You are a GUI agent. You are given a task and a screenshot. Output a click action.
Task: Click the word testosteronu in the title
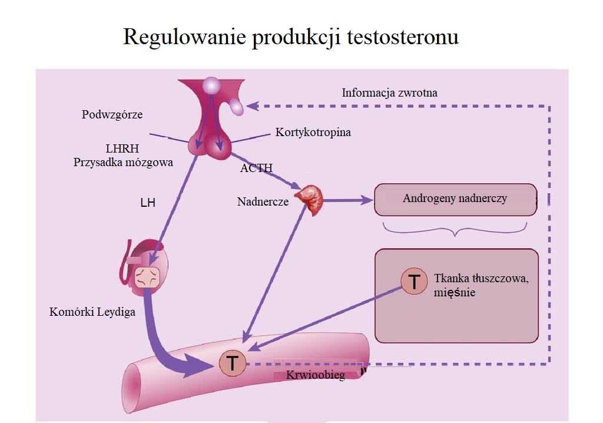[x=403, y=37]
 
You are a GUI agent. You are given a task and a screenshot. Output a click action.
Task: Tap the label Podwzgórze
[x=112, y=115]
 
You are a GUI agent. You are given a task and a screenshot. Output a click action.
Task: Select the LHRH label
[x=122, y=148]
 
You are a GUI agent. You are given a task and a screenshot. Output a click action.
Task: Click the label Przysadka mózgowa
[x=123, y=163]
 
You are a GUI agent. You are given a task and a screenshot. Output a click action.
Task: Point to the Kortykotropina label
[x=313, y=133]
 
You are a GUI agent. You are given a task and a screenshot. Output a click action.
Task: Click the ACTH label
[x=256, y=168]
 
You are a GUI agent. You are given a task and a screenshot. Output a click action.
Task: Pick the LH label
[x=148, y=203]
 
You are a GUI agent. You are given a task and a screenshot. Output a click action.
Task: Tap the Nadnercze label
[x=263, y=201]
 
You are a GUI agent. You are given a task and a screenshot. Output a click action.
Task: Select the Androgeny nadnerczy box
[x=456, y=200]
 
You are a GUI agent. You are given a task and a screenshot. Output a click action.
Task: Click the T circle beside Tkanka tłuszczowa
[x=414, y=282]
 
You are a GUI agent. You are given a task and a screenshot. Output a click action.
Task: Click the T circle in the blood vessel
[x=233, y=363]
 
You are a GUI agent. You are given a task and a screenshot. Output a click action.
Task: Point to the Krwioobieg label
[x=316, y=375]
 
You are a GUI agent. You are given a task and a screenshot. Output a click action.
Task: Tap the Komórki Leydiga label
[x=92, y=312]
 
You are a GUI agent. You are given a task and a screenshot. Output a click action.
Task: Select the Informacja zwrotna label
[x=390, y=92]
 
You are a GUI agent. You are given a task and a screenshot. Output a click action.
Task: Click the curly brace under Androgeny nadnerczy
[x=455, y=230]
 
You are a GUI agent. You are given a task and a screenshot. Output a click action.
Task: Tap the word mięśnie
[x=455, y=293]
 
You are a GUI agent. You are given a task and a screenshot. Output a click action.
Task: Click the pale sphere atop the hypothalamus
[x=211, y=85]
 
